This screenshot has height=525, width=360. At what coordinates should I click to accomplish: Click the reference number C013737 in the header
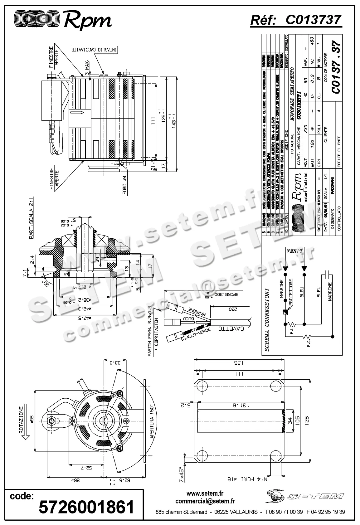(x=313, y=20)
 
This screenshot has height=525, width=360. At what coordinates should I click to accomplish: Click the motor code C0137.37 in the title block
(x=335, y=67)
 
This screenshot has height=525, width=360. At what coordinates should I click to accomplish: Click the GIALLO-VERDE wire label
(x=195, y=335)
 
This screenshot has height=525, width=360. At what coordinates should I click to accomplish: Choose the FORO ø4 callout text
(x=124, y=186)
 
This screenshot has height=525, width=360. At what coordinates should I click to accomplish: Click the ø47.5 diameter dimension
(x=83, y=318)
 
